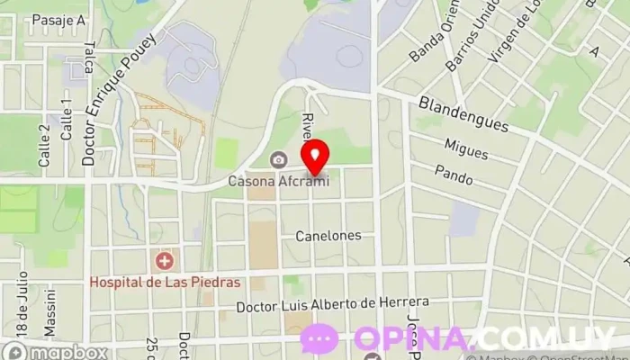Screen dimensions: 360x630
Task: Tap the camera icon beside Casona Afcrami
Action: click(x=279, y=160)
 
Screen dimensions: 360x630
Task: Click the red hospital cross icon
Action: click(x=165, y=262)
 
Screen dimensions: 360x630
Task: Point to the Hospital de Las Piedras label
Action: click(x=165, y=282)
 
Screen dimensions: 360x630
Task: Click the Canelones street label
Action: click(x=328, y=236)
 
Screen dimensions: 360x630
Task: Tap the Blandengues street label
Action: click(x=463, y=112)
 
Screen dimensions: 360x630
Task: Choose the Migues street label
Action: click(x=465, y=148)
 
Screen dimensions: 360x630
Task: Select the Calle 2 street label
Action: click(x=45, y=140)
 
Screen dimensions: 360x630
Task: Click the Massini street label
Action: click(x=51, y=306)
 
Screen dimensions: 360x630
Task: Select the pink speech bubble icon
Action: click(x=319, y=339)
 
